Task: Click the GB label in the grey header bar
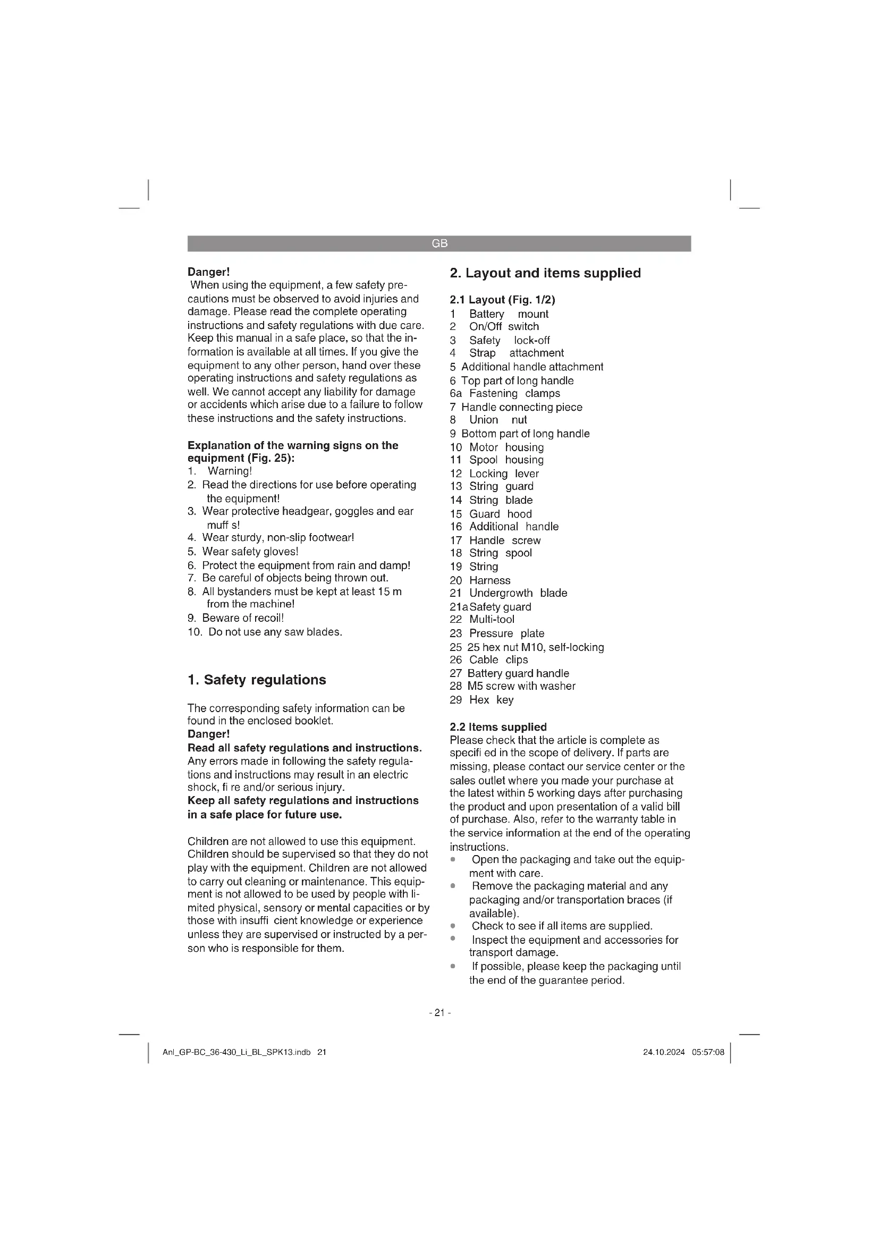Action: (x=439, y=243)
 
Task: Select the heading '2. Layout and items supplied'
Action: (x=545, y=273)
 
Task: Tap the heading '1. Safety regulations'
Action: (x=257, y=680)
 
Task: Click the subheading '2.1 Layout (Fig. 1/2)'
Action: (x=502, y=300)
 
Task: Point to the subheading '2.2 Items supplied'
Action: (x=498, y=727)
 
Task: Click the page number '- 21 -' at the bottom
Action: (x=439, y=1012)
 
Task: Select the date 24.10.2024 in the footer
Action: (x=664, y=1052)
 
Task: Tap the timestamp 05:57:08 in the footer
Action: (x=707, y=1052)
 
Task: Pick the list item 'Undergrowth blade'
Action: (x=518, y=593)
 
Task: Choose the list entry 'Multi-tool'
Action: (x=492, y=619)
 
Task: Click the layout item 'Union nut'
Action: (x=497, y=420)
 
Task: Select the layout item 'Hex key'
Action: (x=491, y=699)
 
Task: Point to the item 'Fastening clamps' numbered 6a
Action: (x=514, y=393)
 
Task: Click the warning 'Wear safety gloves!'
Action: (x=250, y=552)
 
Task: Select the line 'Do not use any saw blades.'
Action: (x=275, y=632)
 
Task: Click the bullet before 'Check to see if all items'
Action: (x=453, y=926)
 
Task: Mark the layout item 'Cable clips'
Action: (x=498, y=659)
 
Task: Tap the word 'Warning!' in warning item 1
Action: (x=230, y=471)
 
